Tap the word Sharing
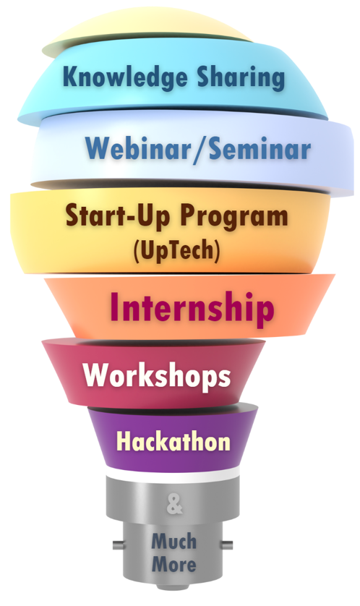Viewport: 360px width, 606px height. click(x=241, y=78)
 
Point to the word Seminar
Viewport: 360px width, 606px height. click(x=260, y=148)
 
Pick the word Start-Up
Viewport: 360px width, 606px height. click(x=119, y=215)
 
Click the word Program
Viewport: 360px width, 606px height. click(x=234, y=217)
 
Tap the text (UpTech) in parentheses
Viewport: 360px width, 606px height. click(x=176, y=251)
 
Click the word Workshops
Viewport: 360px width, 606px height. click(x=157, y=375)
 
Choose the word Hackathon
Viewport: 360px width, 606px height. click(x=173, y=441)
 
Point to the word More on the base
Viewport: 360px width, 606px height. click(x=173, y=565)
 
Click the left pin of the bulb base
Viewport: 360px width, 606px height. click(x=119, y=545)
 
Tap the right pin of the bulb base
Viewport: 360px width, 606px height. click(x=226, y=545)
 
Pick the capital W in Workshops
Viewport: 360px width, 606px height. click(x=97, y=374)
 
